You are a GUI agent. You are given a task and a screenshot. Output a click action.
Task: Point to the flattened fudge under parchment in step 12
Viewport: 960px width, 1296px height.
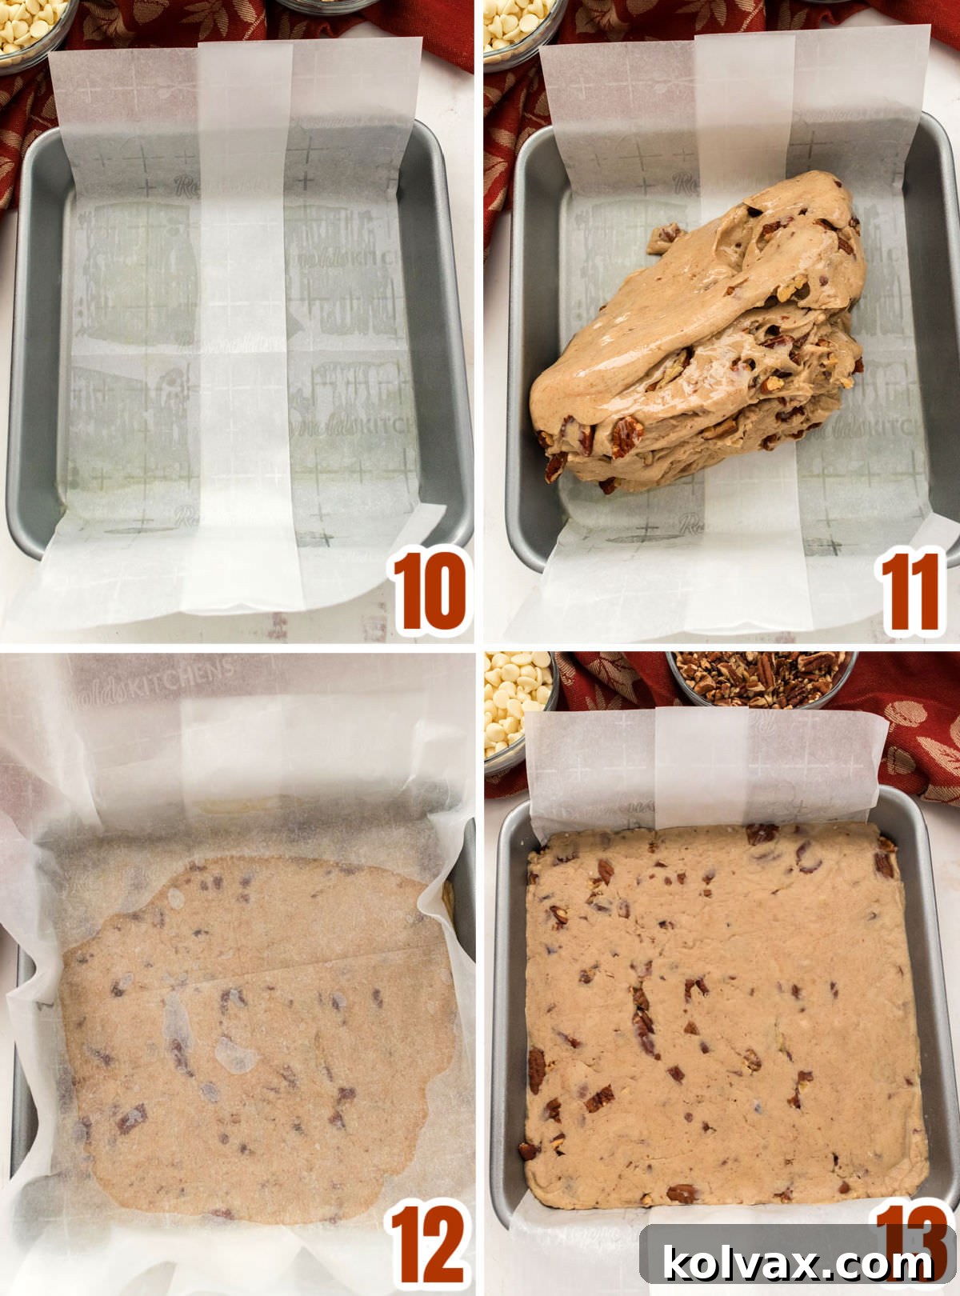(256, 1040)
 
